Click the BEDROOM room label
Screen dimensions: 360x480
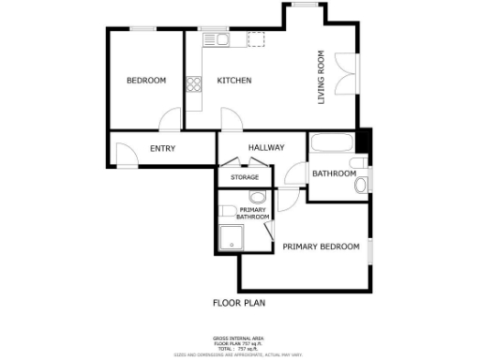(146, 81)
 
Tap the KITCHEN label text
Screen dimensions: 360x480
(233, 81)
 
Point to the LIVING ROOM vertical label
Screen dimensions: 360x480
(322, 77)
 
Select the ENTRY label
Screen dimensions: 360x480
(162, 148)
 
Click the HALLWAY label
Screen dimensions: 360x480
(266, 148)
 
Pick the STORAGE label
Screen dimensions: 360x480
(245, 177)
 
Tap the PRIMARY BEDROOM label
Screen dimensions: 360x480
(321, 247)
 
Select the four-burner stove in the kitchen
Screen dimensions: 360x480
(194, 84)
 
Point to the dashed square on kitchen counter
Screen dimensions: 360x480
(256, 38)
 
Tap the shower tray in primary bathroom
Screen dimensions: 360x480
(231, 238)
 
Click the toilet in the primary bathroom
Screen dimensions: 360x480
(228, 210)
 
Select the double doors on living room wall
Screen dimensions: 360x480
(351, 73)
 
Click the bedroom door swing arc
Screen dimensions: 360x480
(171, 120)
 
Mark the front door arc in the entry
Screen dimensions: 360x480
(126, 155)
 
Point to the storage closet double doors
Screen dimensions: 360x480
(246, 166)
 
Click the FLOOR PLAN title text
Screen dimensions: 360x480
(239, 303)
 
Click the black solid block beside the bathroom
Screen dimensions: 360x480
(365, 142)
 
